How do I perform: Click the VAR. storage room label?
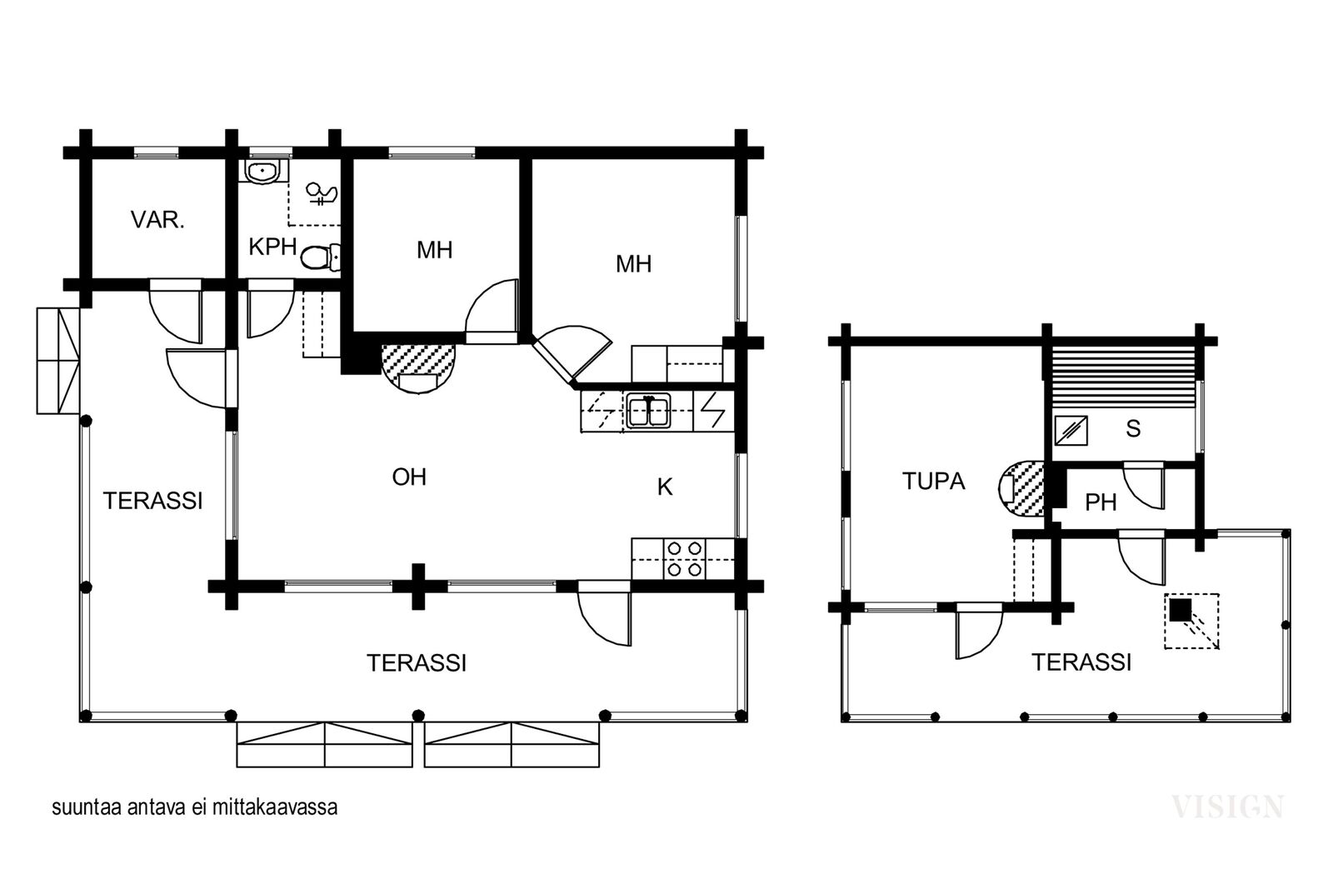[157, 220]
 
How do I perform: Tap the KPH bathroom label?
[272, 247]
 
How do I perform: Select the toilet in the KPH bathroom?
[321, 257]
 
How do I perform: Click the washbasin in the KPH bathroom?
[262, 172]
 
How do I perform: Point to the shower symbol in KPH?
[322, 194]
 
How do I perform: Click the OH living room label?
[409, 477]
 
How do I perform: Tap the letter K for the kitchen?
[665, 487]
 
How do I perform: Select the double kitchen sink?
[648, 412]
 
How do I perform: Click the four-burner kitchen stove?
[684, 559]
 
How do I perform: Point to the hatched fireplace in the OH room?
[418, 368]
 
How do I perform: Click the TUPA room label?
[933, 481]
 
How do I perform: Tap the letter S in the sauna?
[1133, 428]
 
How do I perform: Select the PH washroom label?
[1101, 502]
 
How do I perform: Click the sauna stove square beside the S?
[1071, 430]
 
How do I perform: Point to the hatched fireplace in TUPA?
[1021, 488]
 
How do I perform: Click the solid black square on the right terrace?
[1180, 610]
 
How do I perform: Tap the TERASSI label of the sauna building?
[1081, 662]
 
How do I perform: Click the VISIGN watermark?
[1227, 807]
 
